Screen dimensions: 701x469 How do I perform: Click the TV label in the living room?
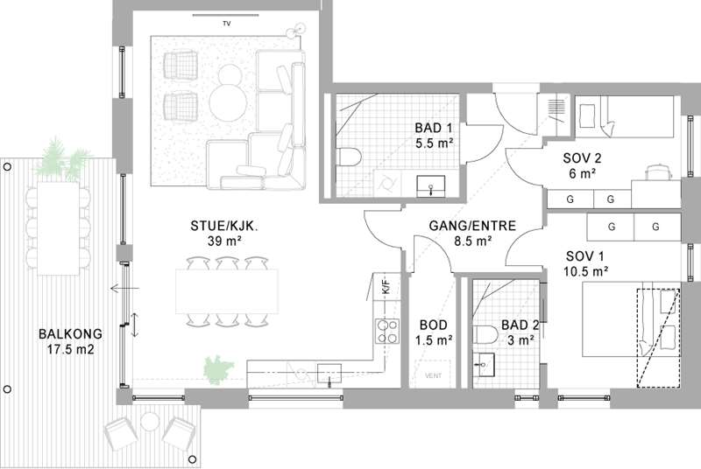click(227, 24)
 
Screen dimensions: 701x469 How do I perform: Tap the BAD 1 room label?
click(433, 128)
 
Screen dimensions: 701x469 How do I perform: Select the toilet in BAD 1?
click(348, 157)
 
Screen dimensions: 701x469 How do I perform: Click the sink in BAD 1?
click(431, 186)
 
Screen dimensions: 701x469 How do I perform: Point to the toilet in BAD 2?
click(485, 334)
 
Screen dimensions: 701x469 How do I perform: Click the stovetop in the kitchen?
click(387, 331)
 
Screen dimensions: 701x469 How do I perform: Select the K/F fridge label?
click(386, 285)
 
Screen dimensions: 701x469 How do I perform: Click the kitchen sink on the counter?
click(329, 374)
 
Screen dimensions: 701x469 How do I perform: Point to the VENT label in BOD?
click(433, 375)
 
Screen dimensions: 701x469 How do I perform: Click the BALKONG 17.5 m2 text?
click(71, 341)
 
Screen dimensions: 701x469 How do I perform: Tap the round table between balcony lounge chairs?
click(149, 422)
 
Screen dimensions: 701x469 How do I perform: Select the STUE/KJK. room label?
click(225, 226)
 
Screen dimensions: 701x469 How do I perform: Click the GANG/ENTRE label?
click(472, 226)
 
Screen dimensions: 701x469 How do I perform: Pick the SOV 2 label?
click(582, 158)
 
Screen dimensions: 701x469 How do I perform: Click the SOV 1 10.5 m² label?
click(585, 263)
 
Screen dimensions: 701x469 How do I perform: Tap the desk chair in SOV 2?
click(658, 171)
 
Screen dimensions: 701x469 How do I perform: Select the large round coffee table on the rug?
click(228, 102)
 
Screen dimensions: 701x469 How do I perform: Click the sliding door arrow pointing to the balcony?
click(124, 288)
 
